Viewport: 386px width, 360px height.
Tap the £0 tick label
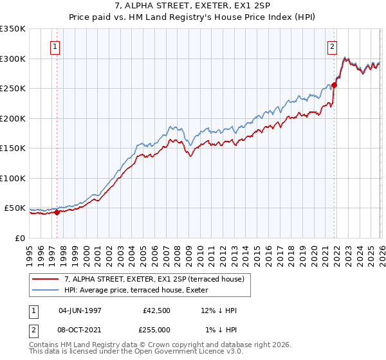[19, 239]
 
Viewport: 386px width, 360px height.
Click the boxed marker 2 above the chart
[333, 46]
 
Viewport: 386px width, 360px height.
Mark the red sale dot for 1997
[57, 212]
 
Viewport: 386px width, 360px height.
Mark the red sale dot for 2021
[335, 85]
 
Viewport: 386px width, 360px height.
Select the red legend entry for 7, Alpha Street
[154, 279]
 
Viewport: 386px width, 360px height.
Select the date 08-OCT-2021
[78, 329]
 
